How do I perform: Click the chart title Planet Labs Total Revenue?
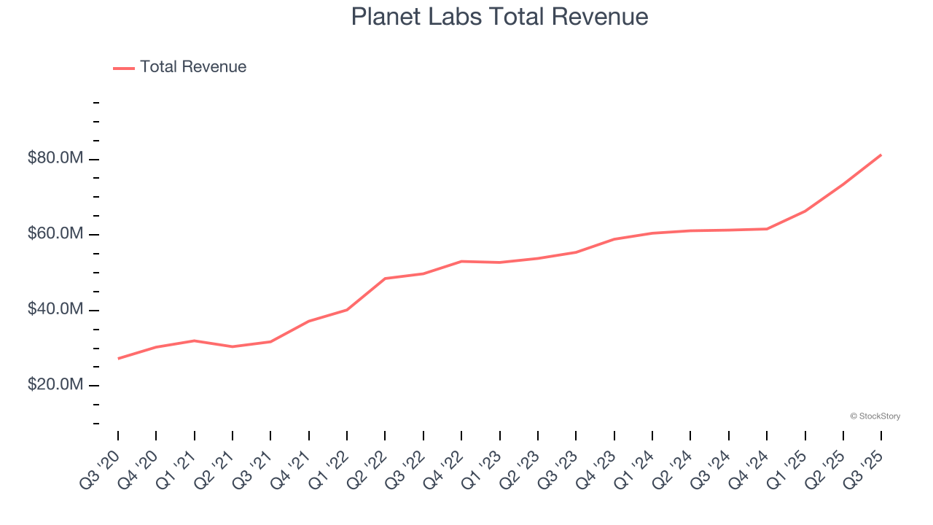tap(499, 17)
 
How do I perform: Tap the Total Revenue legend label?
tap(193, 67)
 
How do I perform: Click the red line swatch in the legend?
tap(124, 68)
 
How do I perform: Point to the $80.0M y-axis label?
tap(55, 159)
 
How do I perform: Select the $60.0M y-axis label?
tap(55, 234)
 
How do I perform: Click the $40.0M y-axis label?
tap(55, 310)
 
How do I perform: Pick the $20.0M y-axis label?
tap(55, 385)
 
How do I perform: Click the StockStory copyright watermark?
tap(875, 416)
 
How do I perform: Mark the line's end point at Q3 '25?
tap(881, 155)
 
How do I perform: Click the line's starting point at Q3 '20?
tap(118, 358)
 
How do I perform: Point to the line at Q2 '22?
tap(385, 279)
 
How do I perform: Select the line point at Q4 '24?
tap(767, 229)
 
